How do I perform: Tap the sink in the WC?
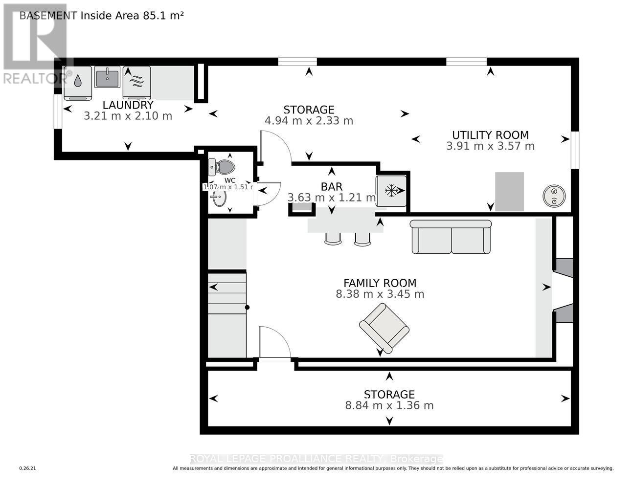click(219, 199)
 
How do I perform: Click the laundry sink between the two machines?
click(107, 77)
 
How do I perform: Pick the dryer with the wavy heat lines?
click(136, 82)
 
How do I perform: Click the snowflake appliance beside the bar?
click(391, 191)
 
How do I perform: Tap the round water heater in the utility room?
click(554, 196)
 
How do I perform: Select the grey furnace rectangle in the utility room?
click(509, 191)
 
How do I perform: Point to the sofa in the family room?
click(451, 237)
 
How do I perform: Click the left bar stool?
click(333, 238)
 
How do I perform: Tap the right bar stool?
click(362, 238)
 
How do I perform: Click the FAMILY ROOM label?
click(380, 283)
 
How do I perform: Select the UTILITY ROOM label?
click(490, 135)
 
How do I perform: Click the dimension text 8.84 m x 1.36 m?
click(389, 405)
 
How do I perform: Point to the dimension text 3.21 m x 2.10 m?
click(128, 116)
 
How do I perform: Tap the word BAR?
click(332, 186)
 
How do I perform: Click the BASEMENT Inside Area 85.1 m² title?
click(101, 15)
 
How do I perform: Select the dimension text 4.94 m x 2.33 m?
click(309, 121)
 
